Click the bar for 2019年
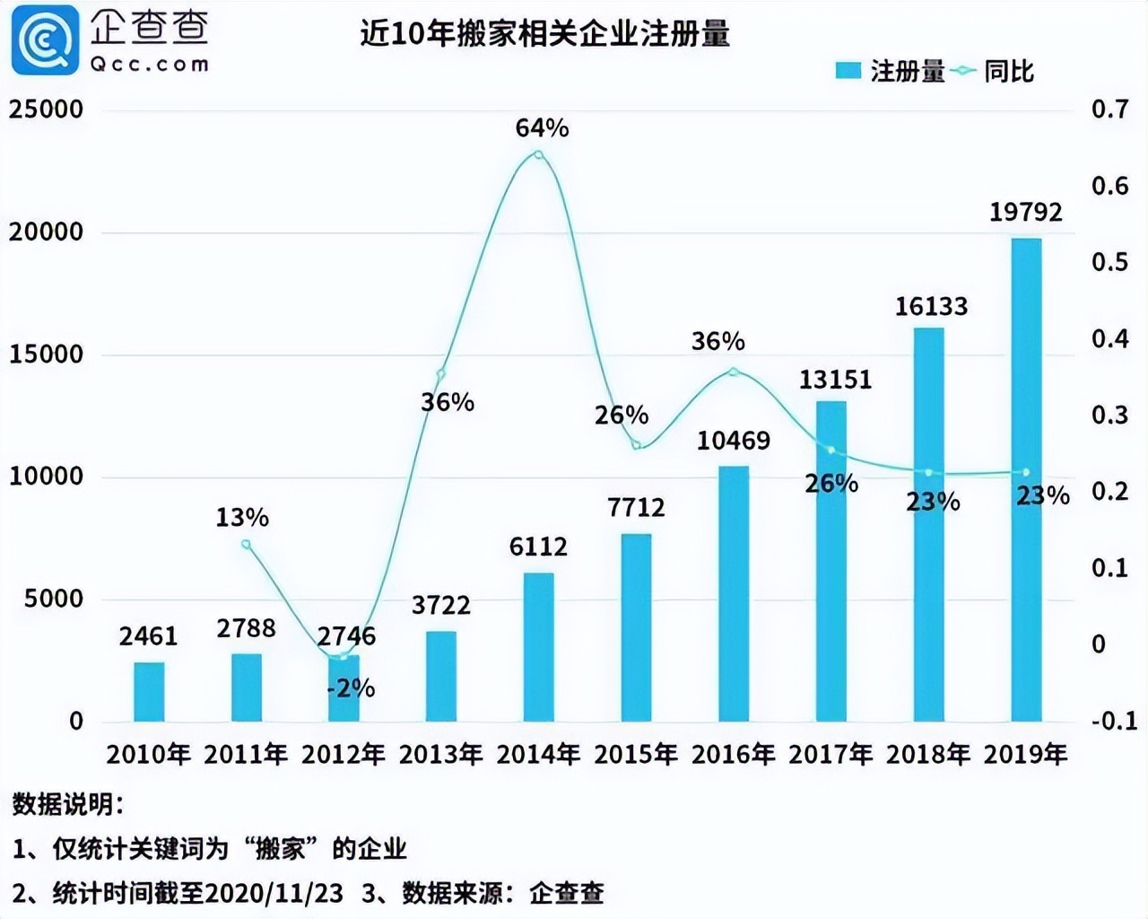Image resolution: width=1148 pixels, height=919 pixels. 1026,480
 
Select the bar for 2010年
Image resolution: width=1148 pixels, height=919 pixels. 149,692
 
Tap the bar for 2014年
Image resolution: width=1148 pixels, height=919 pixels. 538,647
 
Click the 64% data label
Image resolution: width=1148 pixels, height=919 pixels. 542,128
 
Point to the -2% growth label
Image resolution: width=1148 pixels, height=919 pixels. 351,688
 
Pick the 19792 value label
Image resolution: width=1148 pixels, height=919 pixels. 1026,213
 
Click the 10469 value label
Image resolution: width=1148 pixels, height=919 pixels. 734,441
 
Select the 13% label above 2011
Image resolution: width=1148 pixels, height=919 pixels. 242,518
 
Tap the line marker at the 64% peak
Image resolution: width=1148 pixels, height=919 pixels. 538,155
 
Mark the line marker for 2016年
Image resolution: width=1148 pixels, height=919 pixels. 734,372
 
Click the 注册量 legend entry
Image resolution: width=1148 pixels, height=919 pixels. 891,71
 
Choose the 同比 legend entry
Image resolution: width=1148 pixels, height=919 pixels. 996,71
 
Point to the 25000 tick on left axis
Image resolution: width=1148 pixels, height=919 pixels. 46,109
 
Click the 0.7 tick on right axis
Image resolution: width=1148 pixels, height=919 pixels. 1109,109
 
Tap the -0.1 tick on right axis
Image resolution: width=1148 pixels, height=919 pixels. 1113,721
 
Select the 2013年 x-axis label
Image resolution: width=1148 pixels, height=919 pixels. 441,755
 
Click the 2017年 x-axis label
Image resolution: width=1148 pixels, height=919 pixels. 831,755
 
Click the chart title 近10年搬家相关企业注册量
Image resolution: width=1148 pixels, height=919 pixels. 544,33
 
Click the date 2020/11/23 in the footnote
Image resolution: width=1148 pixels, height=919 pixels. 274,893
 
